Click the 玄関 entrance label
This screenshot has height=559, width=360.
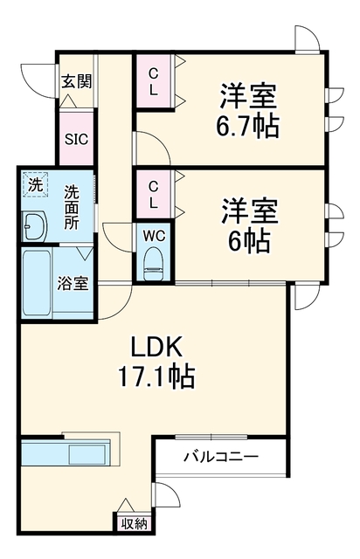[77, 81]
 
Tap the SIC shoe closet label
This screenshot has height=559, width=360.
[76, 139]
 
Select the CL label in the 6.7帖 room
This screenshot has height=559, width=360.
[153, 81]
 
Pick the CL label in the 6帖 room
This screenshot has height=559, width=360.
[153, 194]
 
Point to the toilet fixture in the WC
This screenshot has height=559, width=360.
[154, 264]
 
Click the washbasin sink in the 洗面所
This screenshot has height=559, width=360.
[34, 227]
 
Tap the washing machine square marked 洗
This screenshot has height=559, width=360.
[35, 184]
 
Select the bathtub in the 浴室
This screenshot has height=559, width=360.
[37, 283]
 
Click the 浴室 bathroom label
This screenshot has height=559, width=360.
[73, 283]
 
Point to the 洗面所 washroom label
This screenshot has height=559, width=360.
[72, 208]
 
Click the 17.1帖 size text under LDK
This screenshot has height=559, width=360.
[156, 376]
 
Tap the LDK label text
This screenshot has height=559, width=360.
[156, 347]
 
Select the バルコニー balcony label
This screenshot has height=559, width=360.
[220, 456]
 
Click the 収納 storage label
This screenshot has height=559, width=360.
[134, 523]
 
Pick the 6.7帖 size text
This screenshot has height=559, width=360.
[247, 126]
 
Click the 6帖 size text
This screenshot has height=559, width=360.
[249, 240]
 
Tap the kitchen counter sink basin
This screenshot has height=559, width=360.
[87, 454]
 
